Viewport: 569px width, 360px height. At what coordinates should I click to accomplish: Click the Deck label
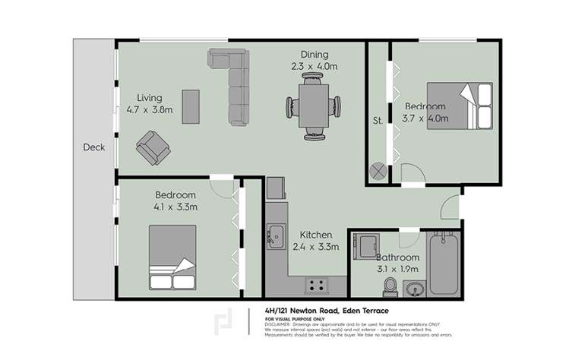click(x=94, y=147)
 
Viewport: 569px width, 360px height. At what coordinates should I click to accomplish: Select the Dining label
click(x=314, y=54)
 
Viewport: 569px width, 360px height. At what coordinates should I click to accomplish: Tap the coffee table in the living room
click(x=191, y=106)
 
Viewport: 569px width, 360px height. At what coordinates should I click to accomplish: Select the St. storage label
click(x=377, y=119)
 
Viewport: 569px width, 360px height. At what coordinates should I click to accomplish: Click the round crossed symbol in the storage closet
click(x=378, y=171)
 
